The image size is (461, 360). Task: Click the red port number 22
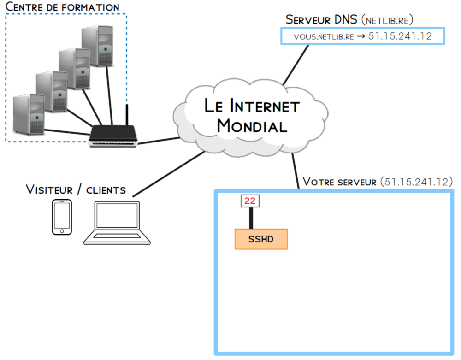tap(250, 201)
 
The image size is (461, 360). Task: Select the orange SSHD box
tap(261, 239)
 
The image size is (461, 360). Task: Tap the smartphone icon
tap(62, 217)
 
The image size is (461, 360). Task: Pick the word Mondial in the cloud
tap(252, 125)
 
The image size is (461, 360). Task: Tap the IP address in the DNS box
tap(400, 36)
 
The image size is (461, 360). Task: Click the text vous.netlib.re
tap(324, 36)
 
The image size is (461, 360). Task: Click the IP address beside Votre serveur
tap(416, 181)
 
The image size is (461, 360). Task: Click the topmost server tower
tap(98, 46)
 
